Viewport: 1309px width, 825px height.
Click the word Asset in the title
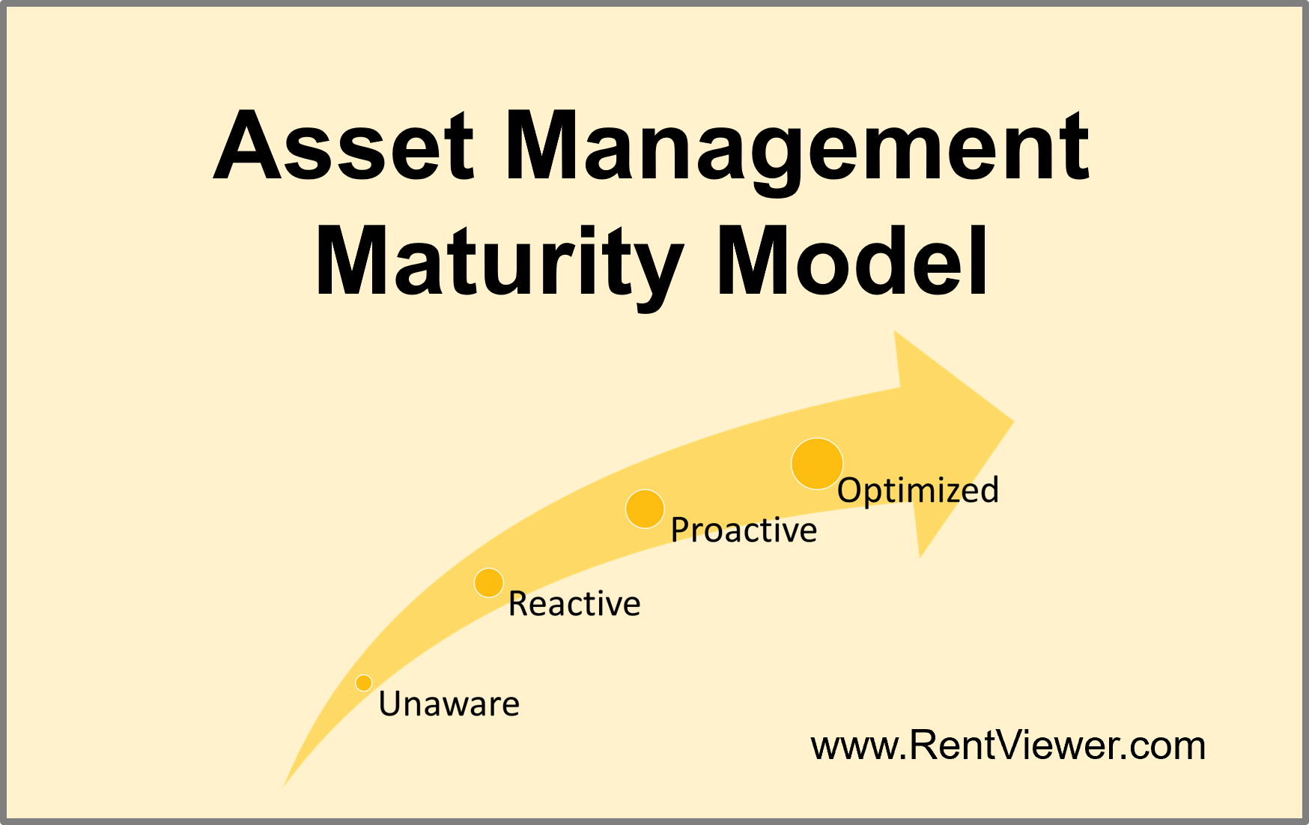[344, 146]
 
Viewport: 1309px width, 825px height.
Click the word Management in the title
[798, 146]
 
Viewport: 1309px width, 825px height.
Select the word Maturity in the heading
[498, 262]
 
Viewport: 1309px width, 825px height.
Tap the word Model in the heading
[854, 262]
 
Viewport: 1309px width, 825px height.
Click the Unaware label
[449, 704]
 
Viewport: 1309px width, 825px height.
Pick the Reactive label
[574, 604]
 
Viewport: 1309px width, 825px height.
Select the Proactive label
[744, 531]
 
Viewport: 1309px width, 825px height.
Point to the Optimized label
[918, 490]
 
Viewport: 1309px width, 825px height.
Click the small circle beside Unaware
[364, 683]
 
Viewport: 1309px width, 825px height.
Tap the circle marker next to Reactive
[489, 582]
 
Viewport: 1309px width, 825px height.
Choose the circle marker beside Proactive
[645, 510]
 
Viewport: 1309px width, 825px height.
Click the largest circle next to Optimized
[817, 464]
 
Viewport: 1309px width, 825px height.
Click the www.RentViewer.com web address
[1008, 746]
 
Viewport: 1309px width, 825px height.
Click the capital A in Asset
[251, 146]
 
